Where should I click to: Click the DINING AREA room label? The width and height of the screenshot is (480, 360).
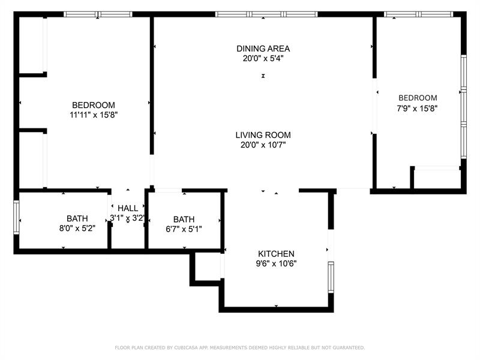tap(263, 49)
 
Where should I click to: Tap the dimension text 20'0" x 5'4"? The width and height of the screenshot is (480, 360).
tap(263, 59)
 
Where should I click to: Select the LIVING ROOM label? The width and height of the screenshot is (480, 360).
tap(263, 135)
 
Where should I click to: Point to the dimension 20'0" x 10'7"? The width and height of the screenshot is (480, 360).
tap(263, 145)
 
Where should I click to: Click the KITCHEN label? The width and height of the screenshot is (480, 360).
tap(276, 254)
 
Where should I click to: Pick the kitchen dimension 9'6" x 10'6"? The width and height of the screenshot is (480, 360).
tap(276, 263)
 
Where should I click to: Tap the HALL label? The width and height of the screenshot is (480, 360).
tap(128, 208)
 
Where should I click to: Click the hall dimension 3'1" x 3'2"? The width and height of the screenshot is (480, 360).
tap(127, 218)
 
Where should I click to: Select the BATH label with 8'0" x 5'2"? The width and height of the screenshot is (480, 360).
tap(77, 218)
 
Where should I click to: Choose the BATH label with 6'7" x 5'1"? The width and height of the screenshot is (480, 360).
tap(184, 219)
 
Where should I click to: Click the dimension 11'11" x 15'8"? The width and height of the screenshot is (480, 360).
tap(93, 115)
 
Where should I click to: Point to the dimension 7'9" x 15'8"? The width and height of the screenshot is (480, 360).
tap(418, 109)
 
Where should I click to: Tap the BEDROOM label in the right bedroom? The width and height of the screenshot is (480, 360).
tap(418, 98)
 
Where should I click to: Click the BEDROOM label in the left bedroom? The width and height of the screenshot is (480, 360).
tap(93, 105)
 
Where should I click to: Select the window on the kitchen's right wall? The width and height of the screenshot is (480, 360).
tap(331, 277)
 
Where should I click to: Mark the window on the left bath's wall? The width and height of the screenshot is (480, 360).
tap(17, 220)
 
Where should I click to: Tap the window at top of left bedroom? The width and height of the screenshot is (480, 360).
tap(98, 14)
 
